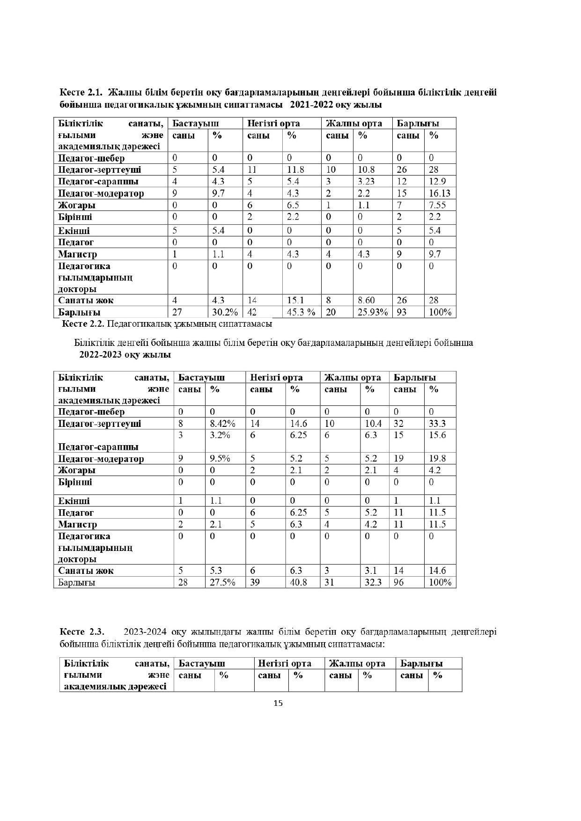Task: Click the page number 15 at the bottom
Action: (x=278, y=703)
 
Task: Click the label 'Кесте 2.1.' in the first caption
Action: (x=81, y=92)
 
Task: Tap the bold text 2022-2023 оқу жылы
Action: (x=125, y=354)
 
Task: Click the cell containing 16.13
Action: (x=439, y=193)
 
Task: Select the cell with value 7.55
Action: (x=437, y=205)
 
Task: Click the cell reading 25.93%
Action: (x=373, y=312)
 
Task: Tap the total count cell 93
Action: (x=402, y=312)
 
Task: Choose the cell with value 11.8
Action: (x=295, y=169)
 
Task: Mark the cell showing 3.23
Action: (x=367, y=181)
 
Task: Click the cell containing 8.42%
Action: (x=222, y=424)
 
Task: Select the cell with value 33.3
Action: (x=437, y=424)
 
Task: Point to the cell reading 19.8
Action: (x=437, y=459)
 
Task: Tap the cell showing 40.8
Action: (x=298, y=582)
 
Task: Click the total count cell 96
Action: (x=399, y=582)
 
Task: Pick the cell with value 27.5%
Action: (x=222, y=582)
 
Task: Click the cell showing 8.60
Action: (x=367, y=300)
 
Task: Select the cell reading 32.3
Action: (x=373, y=582)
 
